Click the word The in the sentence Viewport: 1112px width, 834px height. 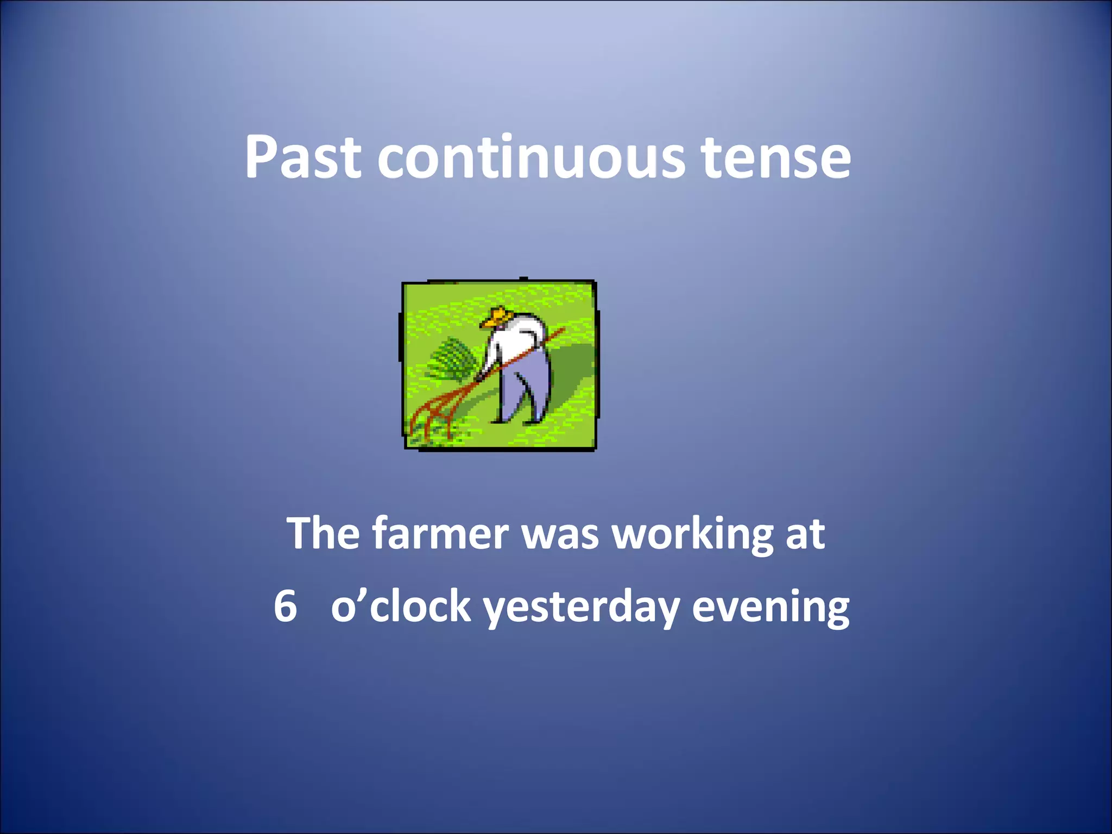[x=323, y=533]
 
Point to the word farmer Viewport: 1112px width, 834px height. [x=440, y=533]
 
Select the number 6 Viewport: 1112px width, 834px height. [x=286, y=606]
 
